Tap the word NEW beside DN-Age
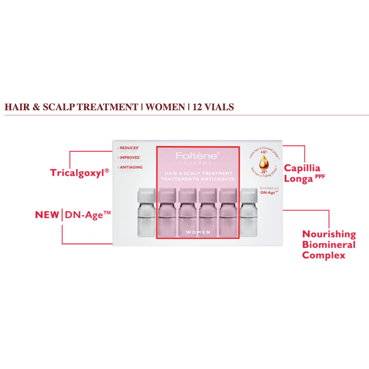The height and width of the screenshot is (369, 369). point(47,215)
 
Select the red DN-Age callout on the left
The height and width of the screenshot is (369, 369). point(88,215)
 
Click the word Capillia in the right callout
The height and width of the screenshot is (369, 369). point(302,168)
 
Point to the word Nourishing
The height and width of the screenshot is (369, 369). point(329,234)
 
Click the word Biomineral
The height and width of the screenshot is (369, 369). point(329,245)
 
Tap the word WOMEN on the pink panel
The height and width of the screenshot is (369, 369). point(198,232)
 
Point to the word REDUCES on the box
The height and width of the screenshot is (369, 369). point(129,148)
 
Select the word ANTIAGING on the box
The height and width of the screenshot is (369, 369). point(131,167)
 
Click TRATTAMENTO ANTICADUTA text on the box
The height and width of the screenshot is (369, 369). point(198,179)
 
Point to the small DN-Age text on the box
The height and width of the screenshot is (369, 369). point(268,193)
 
